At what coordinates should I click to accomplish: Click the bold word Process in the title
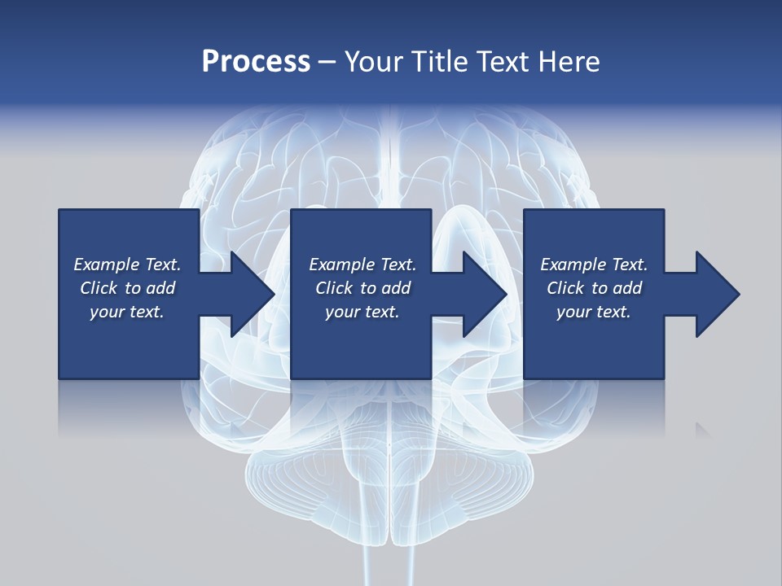tap(256, 62)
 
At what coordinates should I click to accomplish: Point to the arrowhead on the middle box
tap(481, 294)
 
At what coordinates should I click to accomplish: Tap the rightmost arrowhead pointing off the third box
tap(714, 294)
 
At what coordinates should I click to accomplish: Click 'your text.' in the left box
tap(127, 312)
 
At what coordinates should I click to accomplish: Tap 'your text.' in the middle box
tap(362, 312)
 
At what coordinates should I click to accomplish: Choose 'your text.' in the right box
tap(594, 312)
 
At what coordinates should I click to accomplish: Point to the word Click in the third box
tap(566, 288)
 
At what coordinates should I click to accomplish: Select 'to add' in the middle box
tap(385, 288)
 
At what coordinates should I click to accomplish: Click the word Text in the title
tap(497, 62)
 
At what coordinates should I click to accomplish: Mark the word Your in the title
tap(371, 62)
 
